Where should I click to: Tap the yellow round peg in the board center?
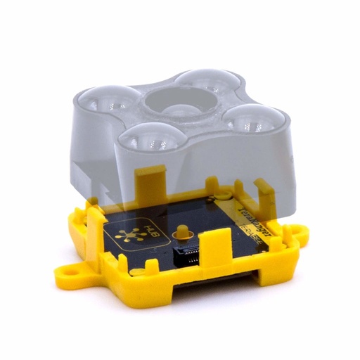pyautogui.click(x=185, y=233)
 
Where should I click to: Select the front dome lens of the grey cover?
pyautogui.click(x=148, y=137)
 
